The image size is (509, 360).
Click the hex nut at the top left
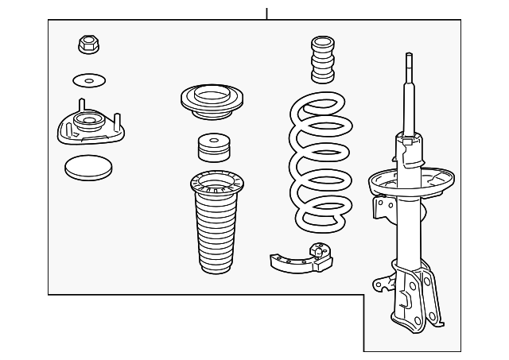[87, 45]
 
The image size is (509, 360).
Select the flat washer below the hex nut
[88, 80]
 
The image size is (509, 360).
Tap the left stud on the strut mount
[80, 107]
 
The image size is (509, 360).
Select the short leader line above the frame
[267, 13]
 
